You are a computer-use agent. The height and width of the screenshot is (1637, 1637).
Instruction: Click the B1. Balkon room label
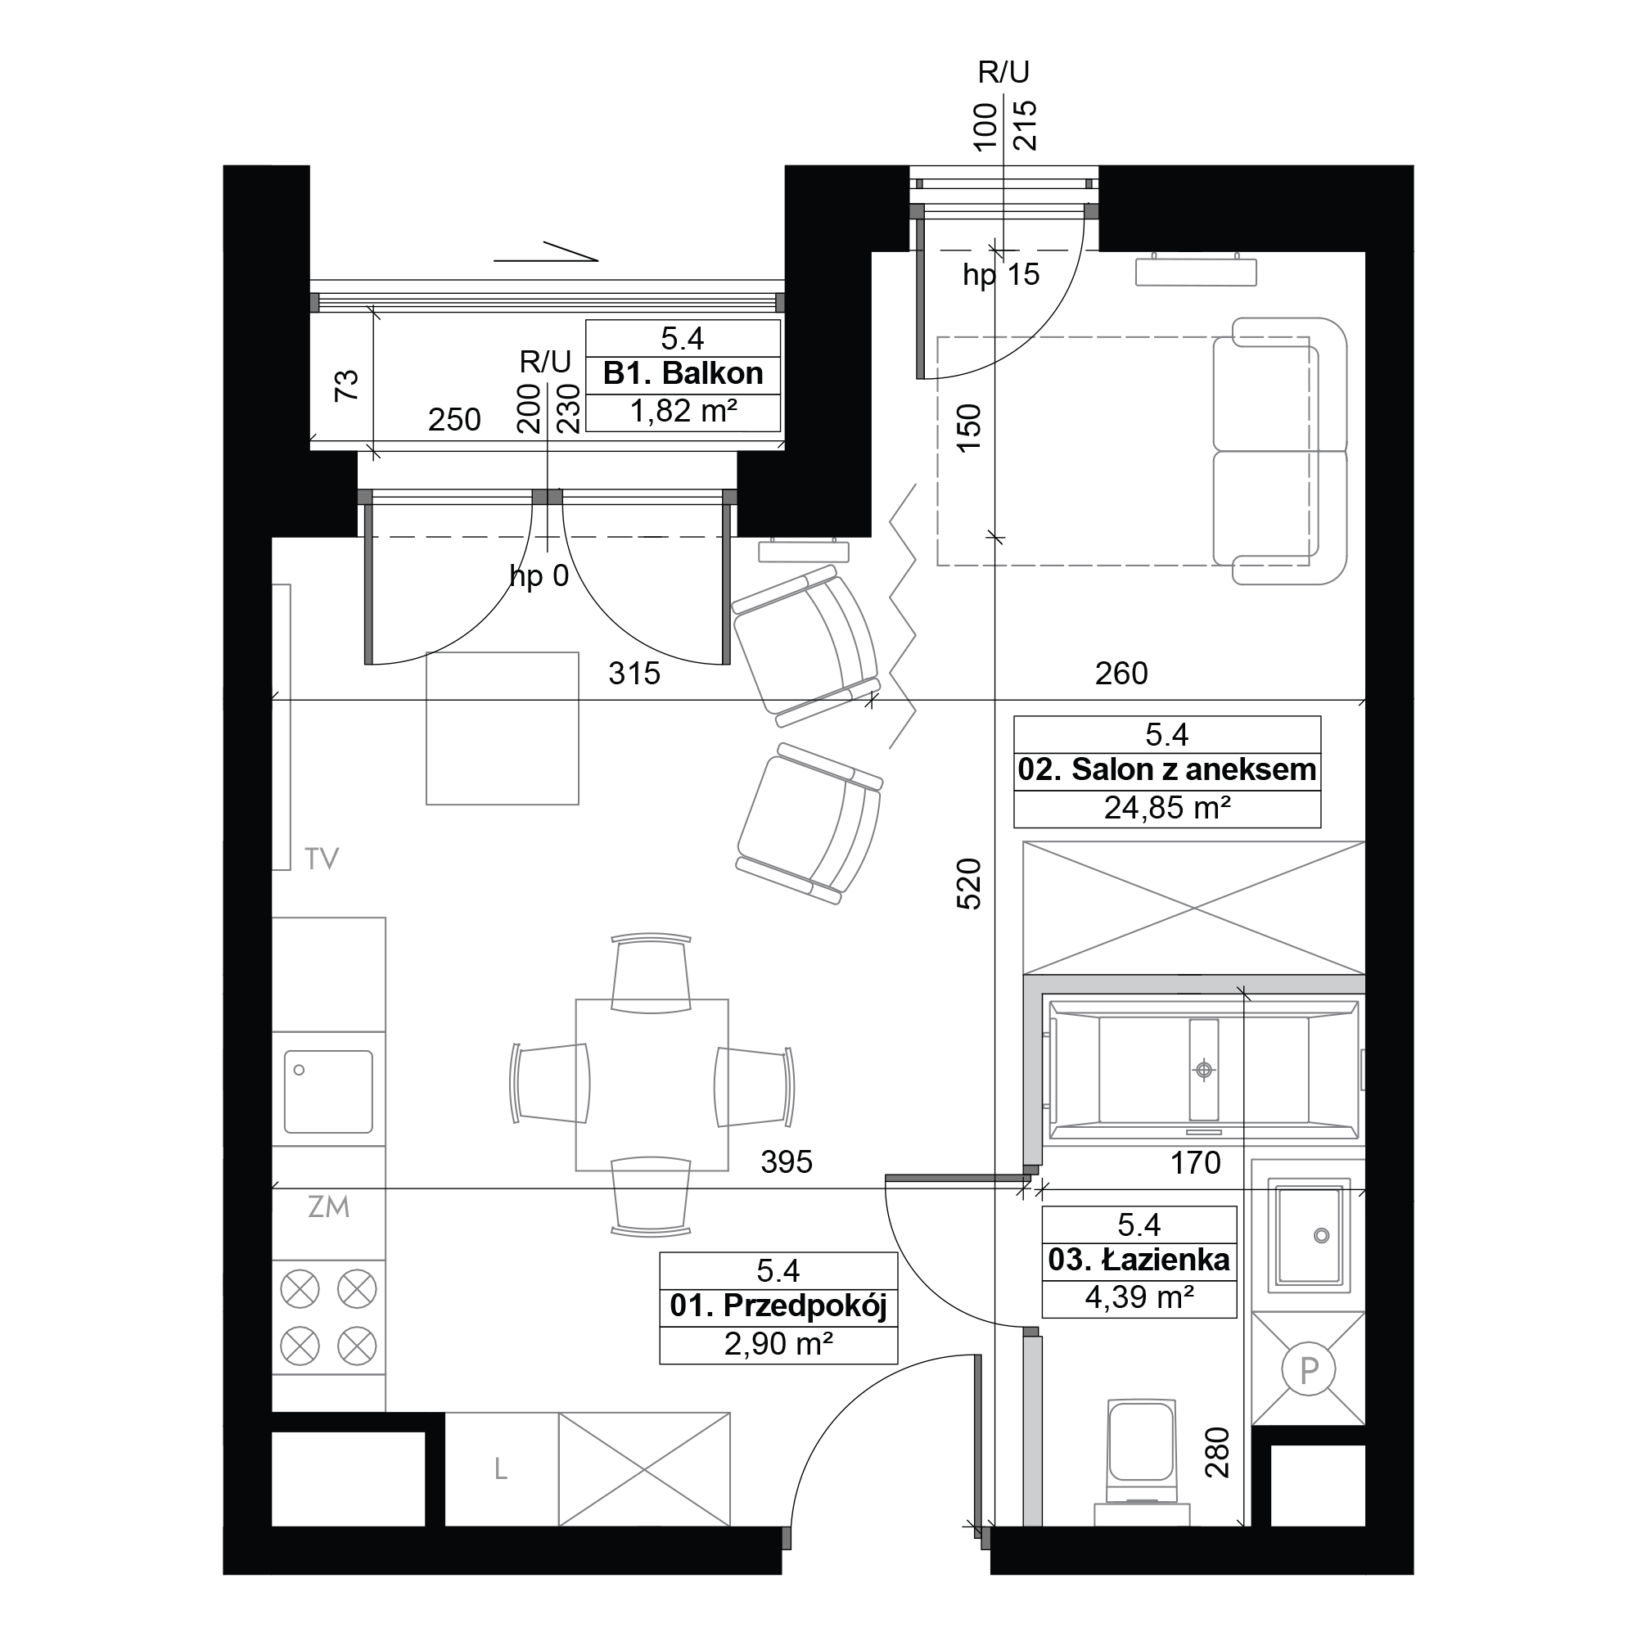(x=683, y=374)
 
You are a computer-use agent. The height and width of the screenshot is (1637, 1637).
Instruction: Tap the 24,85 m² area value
(x=1166, y=809)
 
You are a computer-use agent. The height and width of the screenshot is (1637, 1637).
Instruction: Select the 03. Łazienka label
(x=1139, y=1260)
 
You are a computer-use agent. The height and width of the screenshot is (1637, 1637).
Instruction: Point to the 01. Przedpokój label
(x=778, y=1306)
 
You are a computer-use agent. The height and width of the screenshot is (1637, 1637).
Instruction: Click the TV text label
(x=322, y=859)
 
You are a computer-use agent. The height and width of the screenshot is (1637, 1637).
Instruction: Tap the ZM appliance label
(x=329, y=1206)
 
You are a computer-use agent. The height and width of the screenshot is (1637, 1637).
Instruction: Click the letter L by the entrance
(x=501, y=1469)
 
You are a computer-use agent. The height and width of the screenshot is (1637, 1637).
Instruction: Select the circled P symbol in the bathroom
(x=1309, y=1369)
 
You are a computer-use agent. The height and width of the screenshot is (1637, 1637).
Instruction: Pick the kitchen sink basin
(x=328, y=1091)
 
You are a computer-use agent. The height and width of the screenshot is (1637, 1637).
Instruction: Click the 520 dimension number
(x=968, y=884)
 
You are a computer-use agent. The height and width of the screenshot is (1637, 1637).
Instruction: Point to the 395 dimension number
(x=787, y=1161)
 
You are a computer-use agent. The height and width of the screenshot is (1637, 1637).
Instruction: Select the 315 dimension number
(x=634, y=674)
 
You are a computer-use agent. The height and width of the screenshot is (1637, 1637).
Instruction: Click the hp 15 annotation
(x=1001, y=275)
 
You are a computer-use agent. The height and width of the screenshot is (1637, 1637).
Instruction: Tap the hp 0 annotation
(x=539, y=577)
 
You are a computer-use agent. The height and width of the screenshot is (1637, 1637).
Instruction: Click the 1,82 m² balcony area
(x=683, y=412)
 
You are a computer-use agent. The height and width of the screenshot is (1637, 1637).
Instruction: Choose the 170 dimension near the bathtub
(x=1196, y=1163)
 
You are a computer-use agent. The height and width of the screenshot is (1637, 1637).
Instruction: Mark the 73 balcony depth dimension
(x=346, y=386)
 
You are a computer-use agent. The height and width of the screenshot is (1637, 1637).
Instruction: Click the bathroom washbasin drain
(x=1321, y=1236)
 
